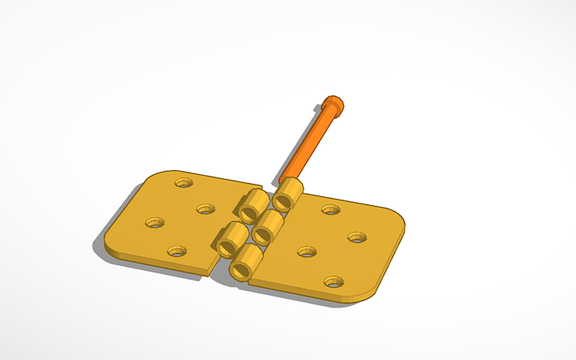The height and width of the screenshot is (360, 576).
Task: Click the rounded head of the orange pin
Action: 334,104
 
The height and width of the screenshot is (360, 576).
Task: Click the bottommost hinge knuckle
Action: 247,261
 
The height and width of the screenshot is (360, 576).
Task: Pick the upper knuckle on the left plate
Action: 252,205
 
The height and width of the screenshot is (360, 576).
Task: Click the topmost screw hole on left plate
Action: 184,182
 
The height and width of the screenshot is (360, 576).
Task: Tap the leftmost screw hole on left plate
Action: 153,223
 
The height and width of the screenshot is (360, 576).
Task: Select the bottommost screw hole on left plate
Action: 177,251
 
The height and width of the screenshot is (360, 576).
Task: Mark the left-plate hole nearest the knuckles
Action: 206,210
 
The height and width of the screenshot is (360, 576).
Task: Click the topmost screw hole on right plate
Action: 331,210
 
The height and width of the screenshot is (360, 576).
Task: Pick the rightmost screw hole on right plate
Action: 357,237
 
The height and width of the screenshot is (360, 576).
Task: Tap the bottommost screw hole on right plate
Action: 334,281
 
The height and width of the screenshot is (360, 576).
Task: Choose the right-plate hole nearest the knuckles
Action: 307,251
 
